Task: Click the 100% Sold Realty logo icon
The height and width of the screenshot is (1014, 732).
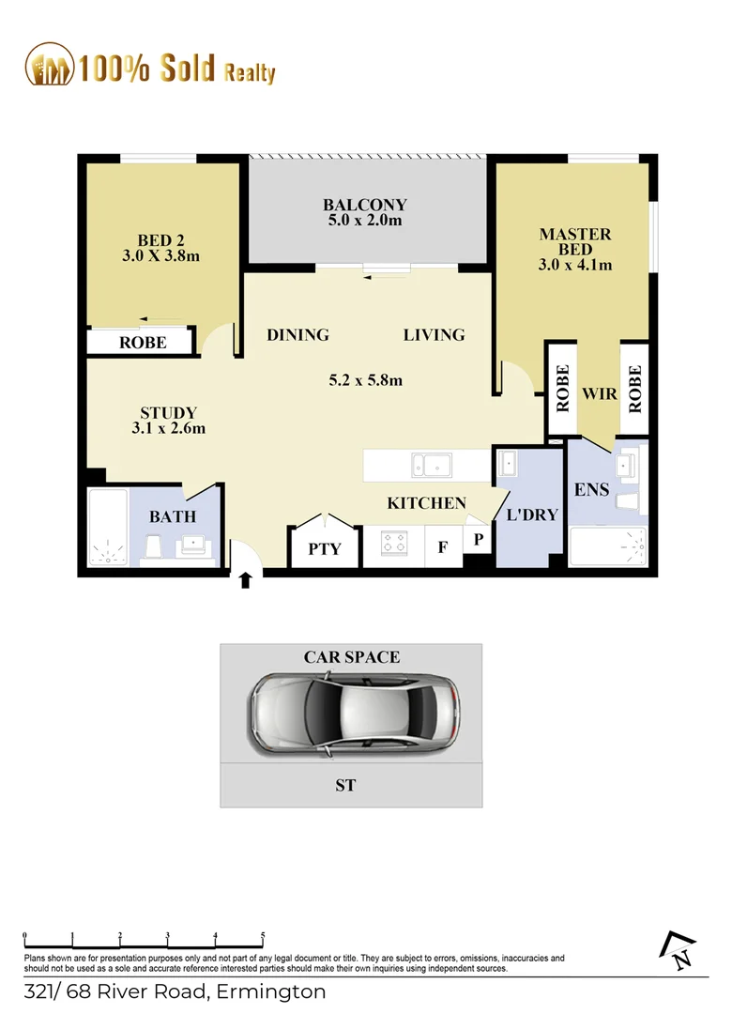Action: coord(49,65)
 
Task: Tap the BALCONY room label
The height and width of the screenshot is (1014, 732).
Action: coord(365,205)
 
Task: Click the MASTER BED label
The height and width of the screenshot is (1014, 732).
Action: coord(574,241)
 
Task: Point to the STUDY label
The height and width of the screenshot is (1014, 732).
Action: coord(168,412)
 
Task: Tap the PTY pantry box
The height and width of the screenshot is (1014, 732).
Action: coord(324,549)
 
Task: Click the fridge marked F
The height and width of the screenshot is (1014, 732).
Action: coord(442,547)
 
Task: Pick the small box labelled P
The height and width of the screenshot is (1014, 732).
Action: coord(477,539)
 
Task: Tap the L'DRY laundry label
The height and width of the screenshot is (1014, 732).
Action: coord(531,515)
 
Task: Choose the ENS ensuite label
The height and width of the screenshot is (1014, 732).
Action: coord(592,490)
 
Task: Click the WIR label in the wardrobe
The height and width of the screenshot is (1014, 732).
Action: coord(600,393)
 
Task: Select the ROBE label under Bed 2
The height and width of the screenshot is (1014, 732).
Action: coord(143,343)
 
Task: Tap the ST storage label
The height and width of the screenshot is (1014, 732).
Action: coord(345,785)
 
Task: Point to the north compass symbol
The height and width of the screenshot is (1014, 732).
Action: coord(679,951)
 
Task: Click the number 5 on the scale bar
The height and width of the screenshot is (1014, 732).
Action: coord(263,936)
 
